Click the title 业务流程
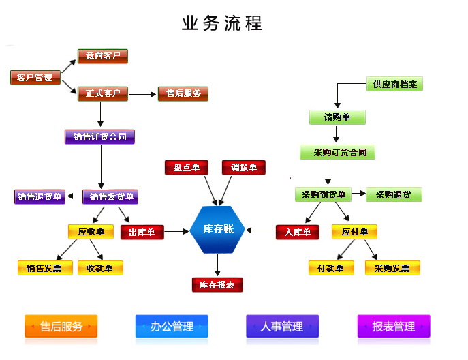222,23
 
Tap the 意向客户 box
103,56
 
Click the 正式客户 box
103,93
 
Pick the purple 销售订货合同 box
99,136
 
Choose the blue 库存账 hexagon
218,229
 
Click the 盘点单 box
186,167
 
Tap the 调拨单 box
243,167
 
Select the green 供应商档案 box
394,85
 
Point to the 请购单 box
337,117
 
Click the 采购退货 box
393,194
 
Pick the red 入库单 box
297,232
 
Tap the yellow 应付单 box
354,232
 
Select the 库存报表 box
217,284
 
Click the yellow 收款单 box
99,268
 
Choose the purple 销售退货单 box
40,197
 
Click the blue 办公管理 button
172,327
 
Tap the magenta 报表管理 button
394,327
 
